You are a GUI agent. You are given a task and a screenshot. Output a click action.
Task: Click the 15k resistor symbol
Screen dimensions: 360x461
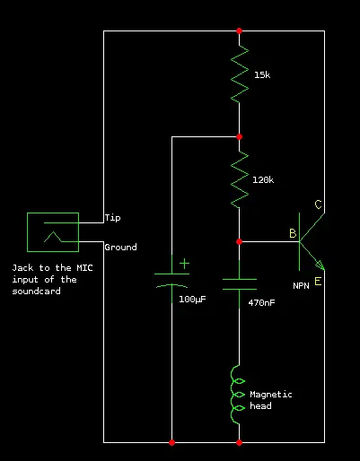tap(240, 74)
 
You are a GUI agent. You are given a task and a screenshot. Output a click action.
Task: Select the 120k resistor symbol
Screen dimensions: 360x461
tap(240, 179)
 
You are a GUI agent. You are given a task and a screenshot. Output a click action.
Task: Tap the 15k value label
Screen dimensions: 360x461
tap(262, 74)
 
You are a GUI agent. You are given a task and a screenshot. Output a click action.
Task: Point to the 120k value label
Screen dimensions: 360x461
tap(263, 179)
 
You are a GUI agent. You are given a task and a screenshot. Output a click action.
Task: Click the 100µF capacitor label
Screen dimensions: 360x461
tap(192, 300)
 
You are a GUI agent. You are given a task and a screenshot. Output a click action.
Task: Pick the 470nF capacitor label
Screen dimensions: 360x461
tap(261, 302)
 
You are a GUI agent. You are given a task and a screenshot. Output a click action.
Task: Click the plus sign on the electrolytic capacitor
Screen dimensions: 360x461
tap(184, 264)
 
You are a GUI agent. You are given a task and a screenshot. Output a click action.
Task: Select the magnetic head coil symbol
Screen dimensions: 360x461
tap(238, 395)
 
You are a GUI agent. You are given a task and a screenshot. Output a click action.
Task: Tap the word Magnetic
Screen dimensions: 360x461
tap(271, 395)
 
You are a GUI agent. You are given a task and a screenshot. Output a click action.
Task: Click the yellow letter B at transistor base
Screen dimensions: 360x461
tap(293, 233)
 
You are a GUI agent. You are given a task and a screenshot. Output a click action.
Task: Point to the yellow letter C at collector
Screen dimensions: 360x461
tap(318, 204)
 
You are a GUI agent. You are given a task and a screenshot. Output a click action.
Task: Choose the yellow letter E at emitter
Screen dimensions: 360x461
tap(318, 282)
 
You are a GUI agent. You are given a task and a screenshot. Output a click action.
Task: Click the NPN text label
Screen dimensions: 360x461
tap(301, 286)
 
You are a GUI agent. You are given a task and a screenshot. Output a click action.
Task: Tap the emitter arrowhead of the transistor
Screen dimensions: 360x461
tap(320, 265)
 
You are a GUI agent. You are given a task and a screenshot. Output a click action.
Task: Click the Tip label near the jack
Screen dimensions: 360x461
tap(113, 218)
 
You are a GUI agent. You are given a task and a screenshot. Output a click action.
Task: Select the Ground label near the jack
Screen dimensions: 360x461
tap(120, 247)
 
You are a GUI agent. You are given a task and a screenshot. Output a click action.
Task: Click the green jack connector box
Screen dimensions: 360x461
tap(53, 213)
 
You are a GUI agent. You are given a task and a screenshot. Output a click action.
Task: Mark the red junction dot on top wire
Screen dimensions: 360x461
tap(239, 30)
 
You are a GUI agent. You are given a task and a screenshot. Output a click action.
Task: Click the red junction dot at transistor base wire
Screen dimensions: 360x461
tap(239, 241)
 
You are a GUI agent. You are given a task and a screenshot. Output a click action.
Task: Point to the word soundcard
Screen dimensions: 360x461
tap(36, 291)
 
